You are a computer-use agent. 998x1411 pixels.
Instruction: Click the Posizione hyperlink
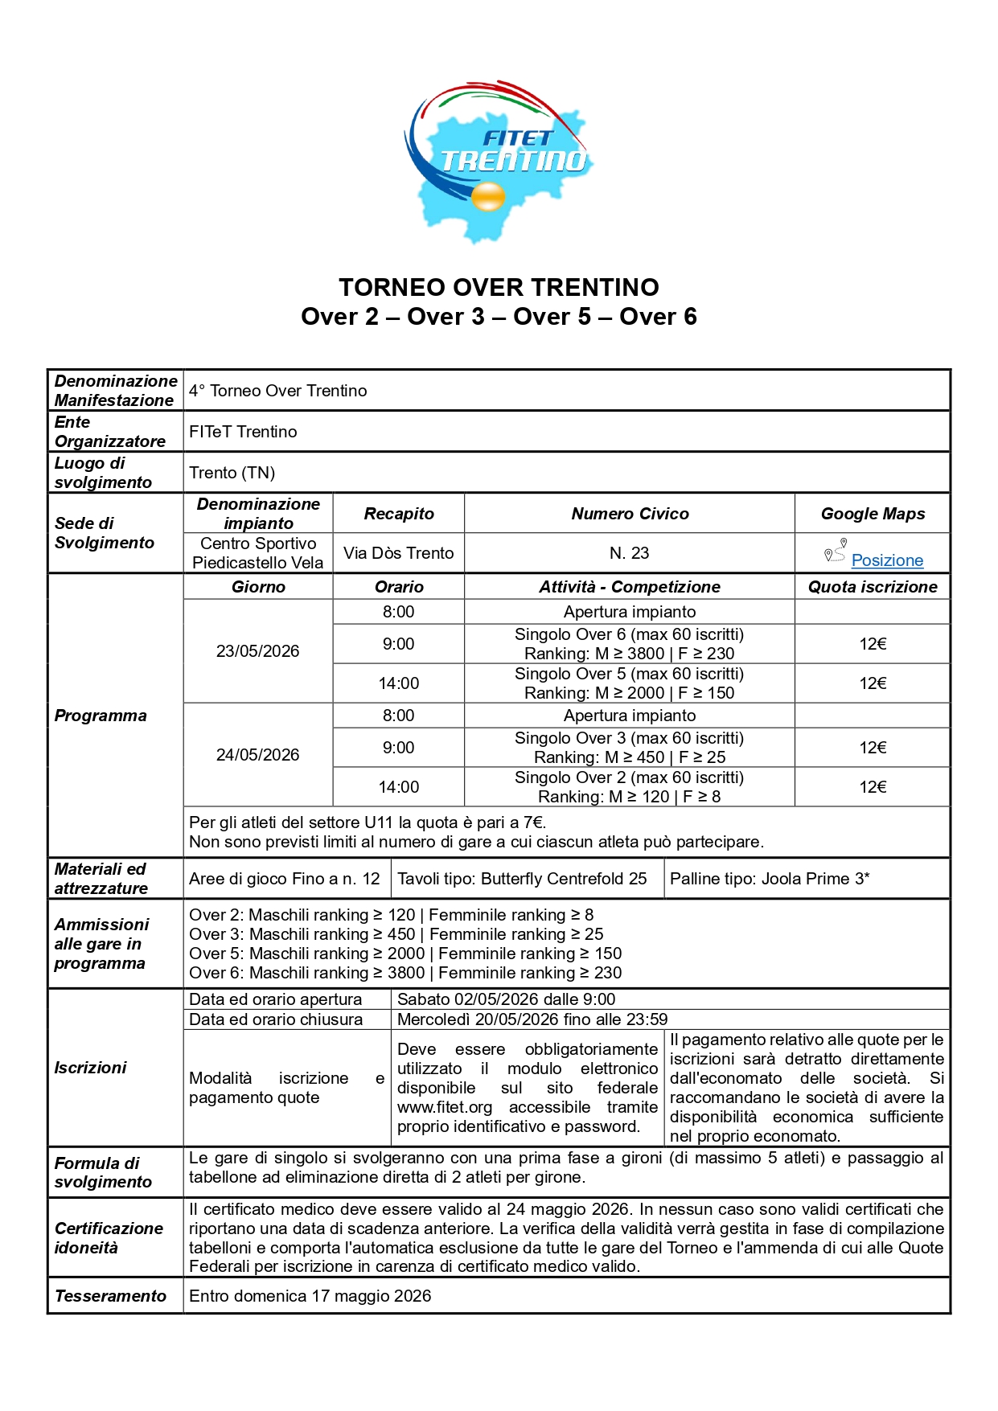887,560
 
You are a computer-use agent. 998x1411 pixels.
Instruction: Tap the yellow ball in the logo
488,195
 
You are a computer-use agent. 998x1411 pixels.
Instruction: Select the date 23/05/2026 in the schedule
257,651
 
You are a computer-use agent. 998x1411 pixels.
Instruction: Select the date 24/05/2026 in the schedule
257,755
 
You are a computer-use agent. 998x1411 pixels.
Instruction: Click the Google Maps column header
873,514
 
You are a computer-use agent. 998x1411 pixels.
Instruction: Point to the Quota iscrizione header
873,587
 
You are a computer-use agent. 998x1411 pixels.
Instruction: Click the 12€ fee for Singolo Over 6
873,644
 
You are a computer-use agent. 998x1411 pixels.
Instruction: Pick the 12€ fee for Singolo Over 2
873,787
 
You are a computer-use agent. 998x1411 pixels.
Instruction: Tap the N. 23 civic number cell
629,553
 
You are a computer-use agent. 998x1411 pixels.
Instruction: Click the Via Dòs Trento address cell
398,553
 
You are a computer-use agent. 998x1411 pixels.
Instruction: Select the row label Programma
101,716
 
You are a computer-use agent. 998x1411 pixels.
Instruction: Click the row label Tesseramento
110,1296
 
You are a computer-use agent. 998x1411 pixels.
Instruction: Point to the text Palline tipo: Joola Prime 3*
770,879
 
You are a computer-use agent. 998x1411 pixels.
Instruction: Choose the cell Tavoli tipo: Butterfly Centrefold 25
522,879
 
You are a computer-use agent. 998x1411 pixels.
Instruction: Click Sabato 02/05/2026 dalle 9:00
506,999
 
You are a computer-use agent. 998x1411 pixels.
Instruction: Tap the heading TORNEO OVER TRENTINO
499,287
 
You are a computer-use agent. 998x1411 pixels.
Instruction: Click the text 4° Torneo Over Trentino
278,391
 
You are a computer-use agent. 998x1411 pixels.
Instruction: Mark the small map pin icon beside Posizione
836,552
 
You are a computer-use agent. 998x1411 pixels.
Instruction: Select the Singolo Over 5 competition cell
629,683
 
